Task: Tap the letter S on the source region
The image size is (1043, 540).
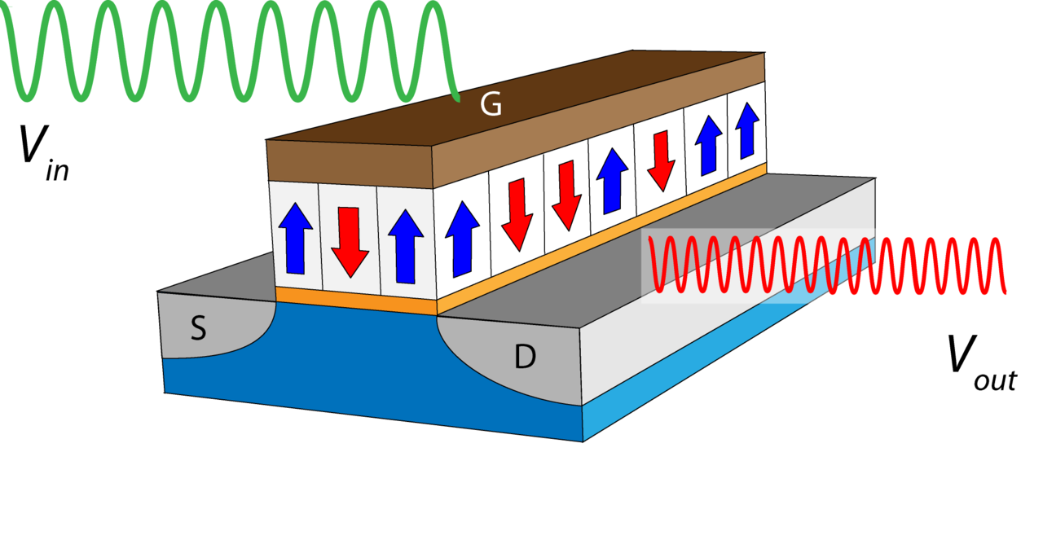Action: pos(198,329)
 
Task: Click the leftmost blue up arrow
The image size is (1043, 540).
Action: pos(295,237)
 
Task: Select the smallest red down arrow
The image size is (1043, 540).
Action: pos(661,160)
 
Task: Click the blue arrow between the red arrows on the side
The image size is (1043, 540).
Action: pos(613,182)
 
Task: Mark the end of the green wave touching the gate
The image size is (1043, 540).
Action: pos(456,99)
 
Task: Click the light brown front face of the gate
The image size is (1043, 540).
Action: pos(350,163)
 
